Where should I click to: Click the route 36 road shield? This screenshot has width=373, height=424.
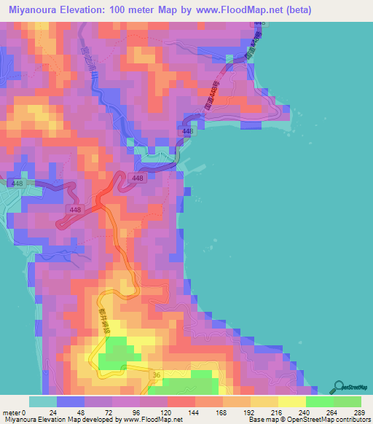pos(156,374)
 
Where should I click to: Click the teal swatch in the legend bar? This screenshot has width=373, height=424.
pos(42,401)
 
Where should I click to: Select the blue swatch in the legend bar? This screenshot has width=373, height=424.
pos(70,401)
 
